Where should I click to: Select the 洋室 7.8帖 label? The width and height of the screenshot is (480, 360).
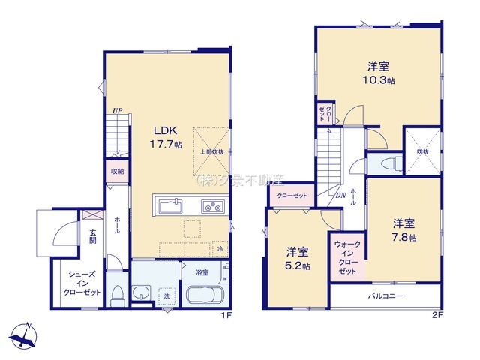(x=403, y=229)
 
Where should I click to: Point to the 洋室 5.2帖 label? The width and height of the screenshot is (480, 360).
(x=297, y=259)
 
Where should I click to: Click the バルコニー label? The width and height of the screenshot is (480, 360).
(x=385, y=296)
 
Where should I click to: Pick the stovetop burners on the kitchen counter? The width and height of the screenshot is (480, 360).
(x=213, y=205)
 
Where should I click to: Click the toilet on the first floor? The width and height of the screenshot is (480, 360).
(x=115, y=292)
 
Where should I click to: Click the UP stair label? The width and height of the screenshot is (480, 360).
(x=117, y=112)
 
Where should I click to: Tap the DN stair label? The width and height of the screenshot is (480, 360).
(x=340, y=196)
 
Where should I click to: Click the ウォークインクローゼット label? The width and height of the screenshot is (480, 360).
(x=346, y=257)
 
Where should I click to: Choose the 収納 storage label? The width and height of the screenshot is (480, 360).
(x=117, y=171)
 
